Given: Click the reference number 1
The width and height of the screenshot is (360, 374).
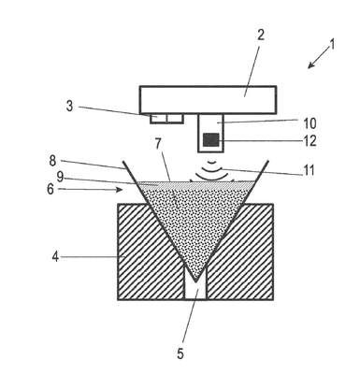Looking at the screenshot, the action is coord(332,44).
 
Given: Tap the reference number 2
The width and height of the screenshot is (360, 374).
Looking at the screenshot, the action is coord(261,35).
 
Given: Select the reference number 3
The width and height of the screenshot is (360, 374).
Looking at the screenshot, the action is coord(69,107).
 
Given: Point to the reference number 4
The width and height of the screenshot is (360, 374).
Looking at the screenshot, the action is coord(55,257).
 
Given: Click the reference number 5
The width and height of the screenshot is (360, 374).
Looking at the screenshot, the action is coord(180,353).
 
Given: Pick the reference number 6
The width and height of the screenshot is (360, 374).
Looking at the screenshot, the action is coord(50,189).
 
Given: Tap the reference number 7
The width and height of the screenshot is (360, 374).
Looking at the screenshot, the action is coord(158,144).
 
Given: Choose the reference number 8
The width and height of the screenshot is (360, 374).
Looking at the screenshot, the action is coord(52,161).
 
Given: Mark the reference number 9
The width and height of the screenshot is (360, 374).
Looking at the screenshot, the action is coord(60,178).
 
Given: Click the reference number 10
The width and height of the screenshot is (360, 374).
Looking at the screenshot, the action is coord(310,123).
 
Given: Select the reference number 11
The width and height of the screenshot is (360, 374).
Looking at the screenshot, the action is coord(309,170).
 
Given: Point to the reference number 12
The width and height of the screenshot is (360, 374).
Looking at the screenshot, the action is coord(310,141).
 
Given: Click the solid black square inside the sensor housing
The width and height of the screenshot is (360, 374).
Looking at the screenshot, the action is coord(210,139).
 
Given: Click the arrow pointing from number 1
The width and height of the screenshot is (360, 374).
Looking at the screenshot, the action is coord(319,57).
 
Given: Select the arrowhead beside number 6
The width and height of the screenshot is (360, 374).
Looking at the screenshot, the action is coord(119,189).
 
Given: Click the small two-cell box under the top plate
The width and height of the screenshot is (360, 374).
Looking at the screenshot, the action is coord(166,119).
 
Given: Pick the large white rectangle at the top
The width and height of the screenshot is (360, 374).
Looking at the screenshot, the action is coord(208,100).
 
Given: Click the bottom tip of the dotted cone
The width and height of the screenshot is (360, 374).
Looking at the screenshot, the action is coord(195,281).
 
